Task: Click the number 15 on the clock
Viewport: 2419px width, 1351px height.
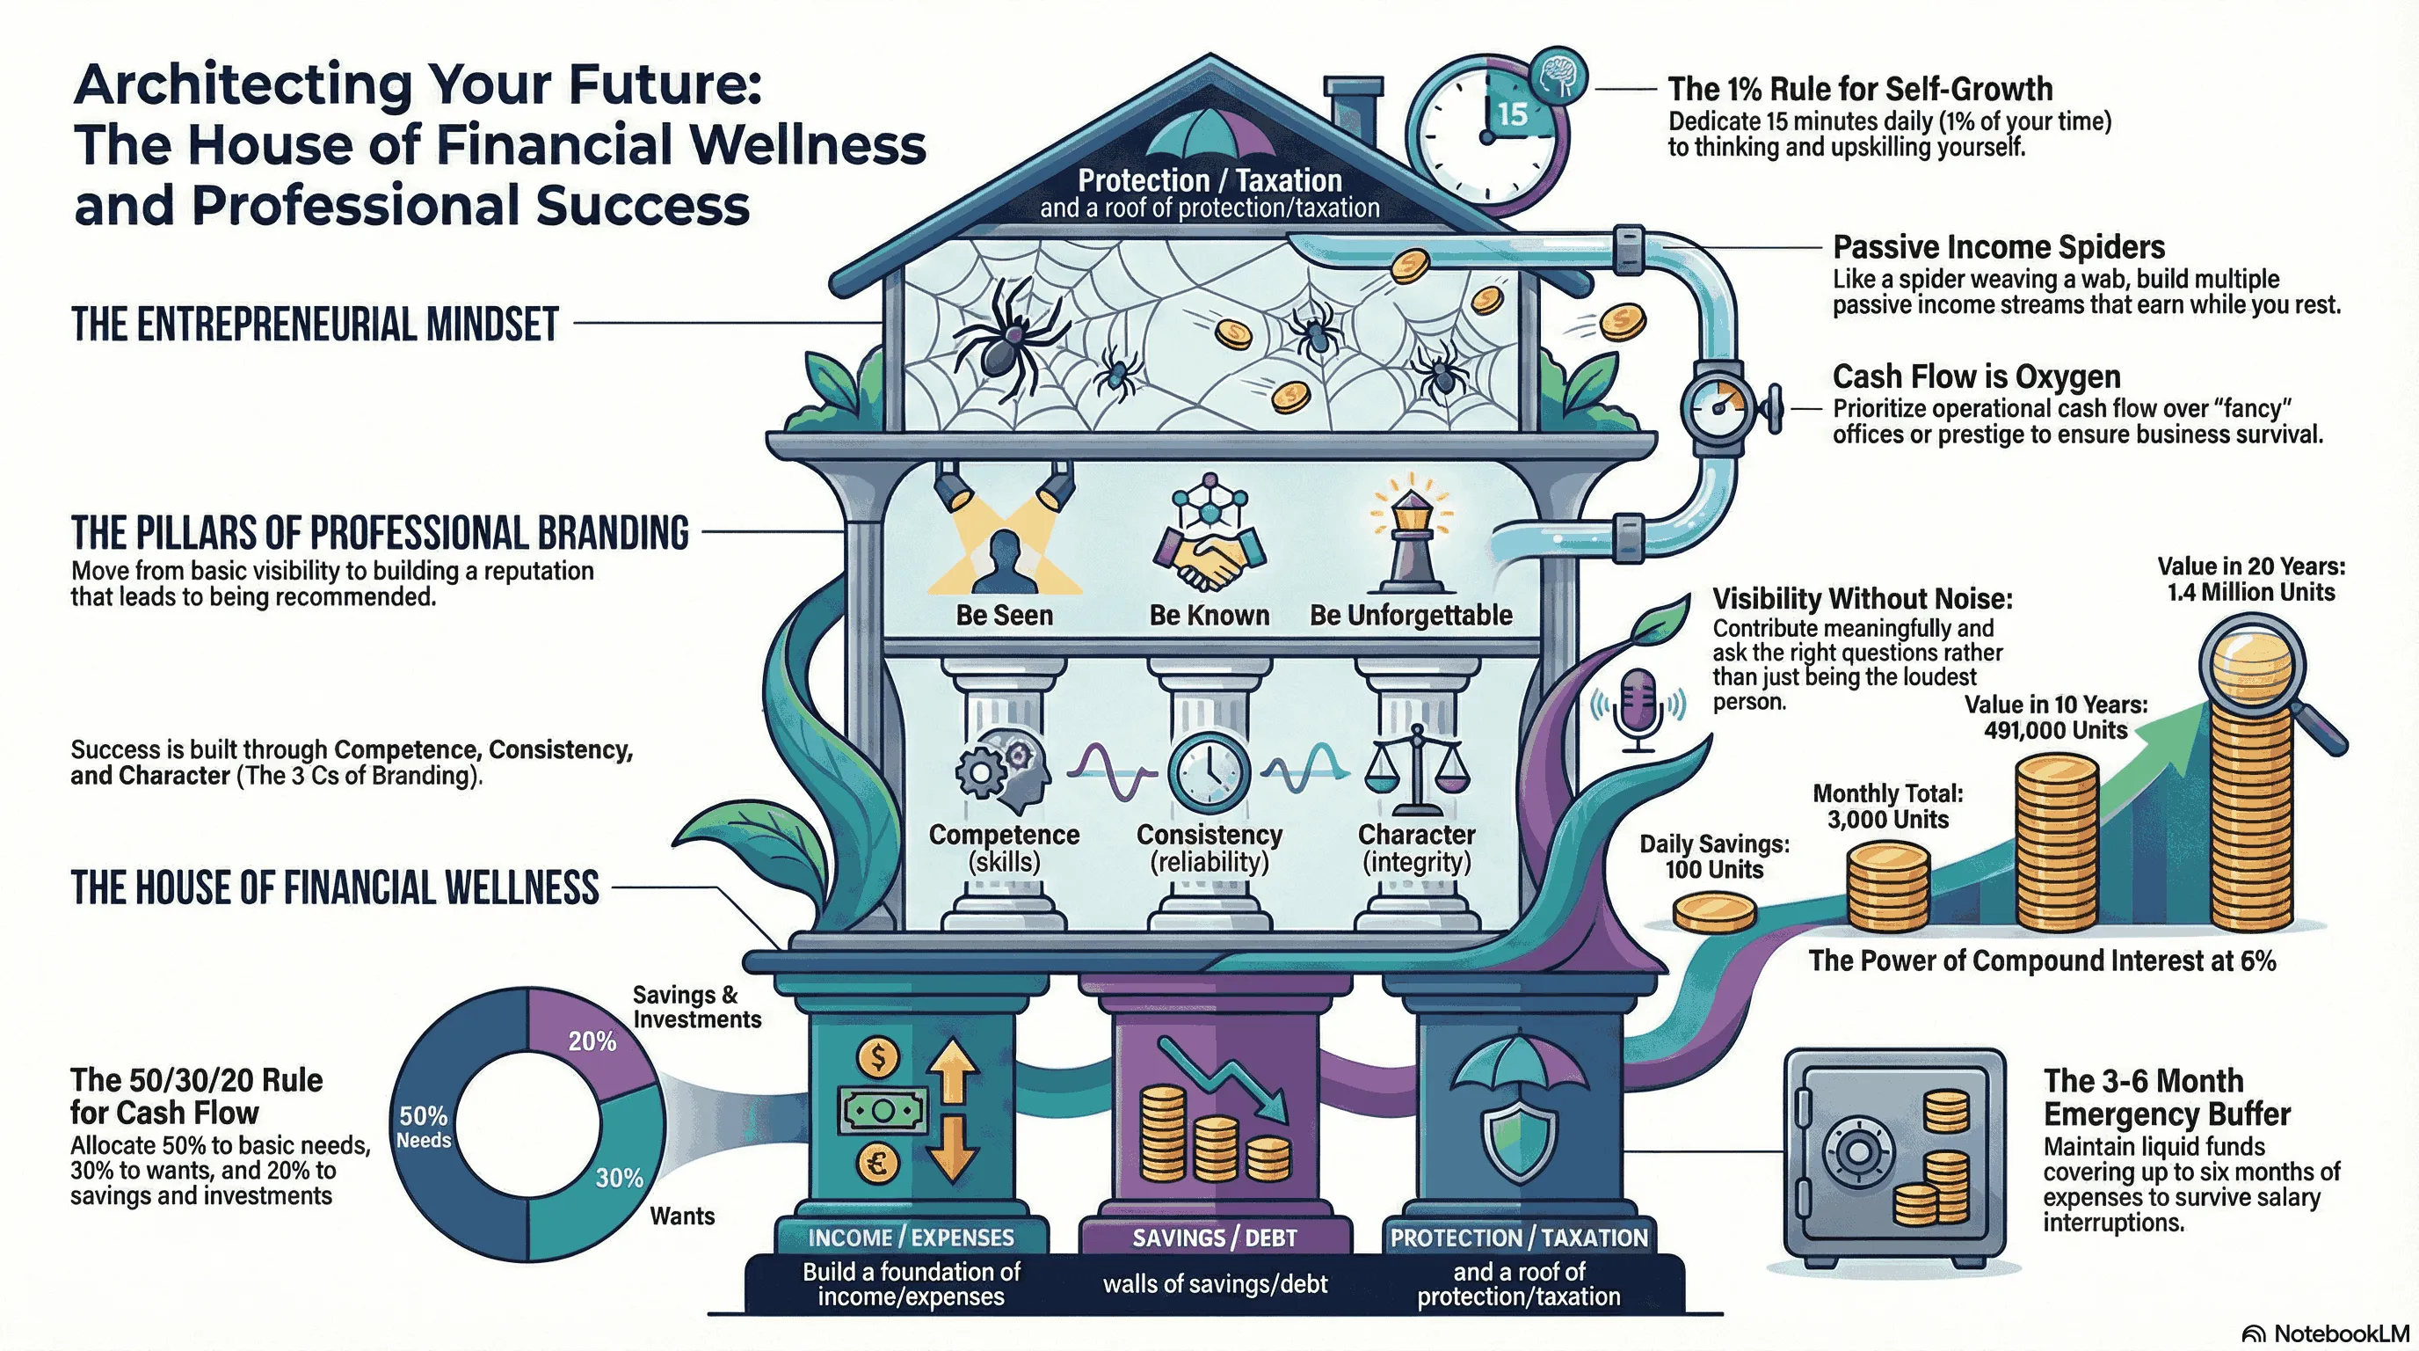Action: (1511, 113)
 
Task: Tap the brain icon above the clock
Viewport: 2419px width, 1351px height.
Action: (1558, 75)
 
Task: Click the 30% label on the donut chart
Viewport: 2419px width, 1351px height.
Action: (619, 1177)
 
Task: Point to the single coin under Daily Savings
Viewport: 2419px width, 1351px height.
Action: (1714, 911)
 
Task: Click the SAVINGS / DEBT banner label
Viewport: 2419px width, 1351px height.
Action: (1214, 1238)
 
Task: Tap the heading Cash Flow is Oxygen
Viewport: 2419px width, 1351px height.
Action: (1976, 376)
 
